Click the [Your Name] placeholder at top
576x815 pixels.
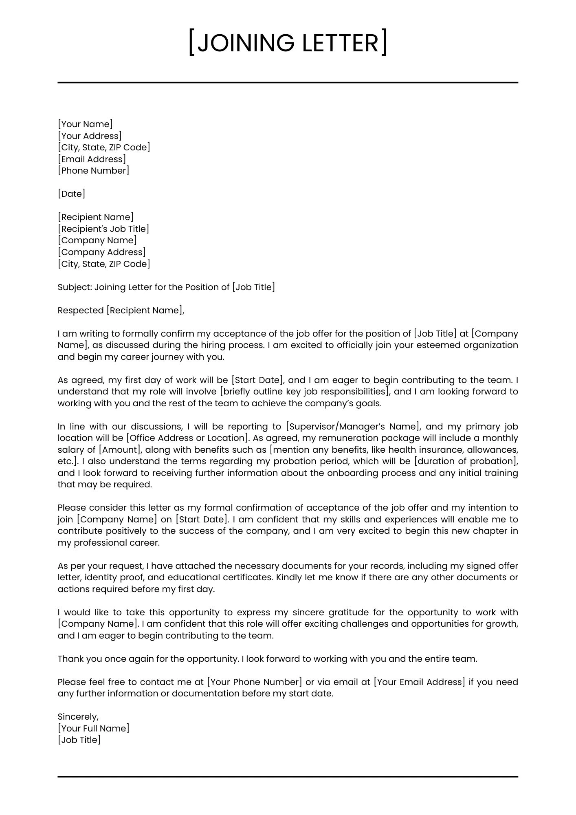(x=85, y=124)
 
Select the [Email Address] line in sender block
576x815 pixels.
(x=92, y=159)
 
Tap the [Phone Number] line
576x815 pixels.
(x=93, y=171)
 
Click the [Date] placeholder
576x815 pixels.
(x=71, y=194)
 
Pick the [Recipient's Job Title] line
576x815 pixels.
(x=103, y=229)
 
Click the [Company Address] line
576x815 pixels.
(x=101, y=252)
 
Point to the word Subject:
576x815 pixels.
(x=75, y=287)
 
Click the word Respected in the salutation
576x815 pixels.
(x=81, y=311)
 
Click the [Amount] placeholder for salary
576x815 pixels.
(x=120, y=450)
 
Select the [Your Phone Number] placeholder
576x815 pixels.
(x=255, y=682)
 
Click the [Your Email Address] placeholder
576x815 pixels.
(x=419, y=682)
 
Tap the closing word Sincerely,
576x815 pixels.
(x=78, y=717)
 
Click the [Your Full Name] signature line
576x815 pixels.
(x=93, y=729)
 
